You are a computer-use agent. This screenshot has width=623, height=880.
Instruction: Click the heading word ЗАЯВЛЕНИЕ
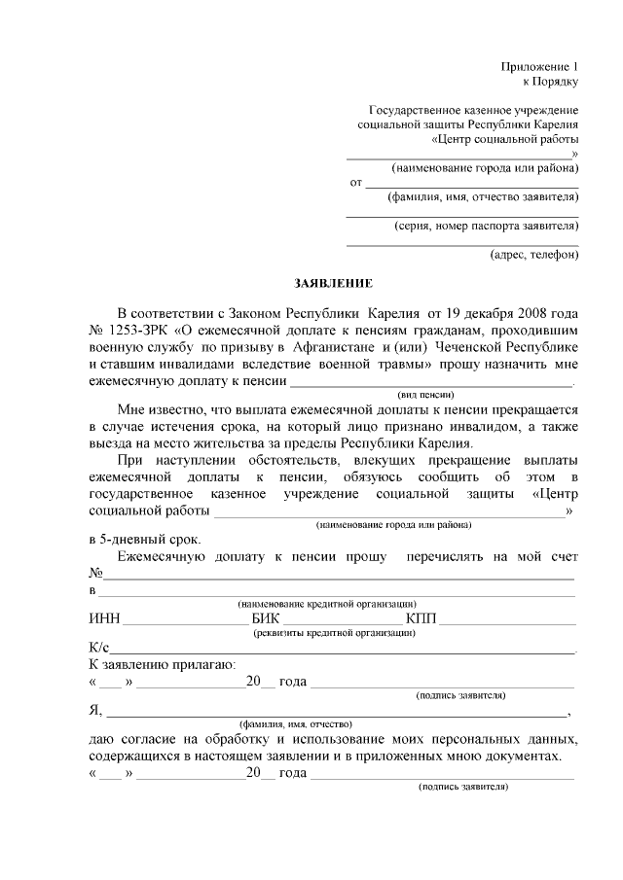(x=333, y=283)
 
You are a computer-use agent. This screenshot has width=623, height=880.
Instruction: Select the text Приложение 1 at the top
(x=539, y=66)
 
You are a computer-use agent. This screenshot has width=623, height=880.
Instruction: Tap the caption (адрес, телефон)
(x=533, y=255)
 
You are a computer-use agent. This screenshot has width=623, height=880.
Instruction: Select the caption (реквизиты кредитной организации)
(x=334, y=633)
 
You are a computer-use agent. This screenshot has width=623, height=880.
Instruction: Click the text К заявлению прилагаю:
(x=161, y=665)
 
